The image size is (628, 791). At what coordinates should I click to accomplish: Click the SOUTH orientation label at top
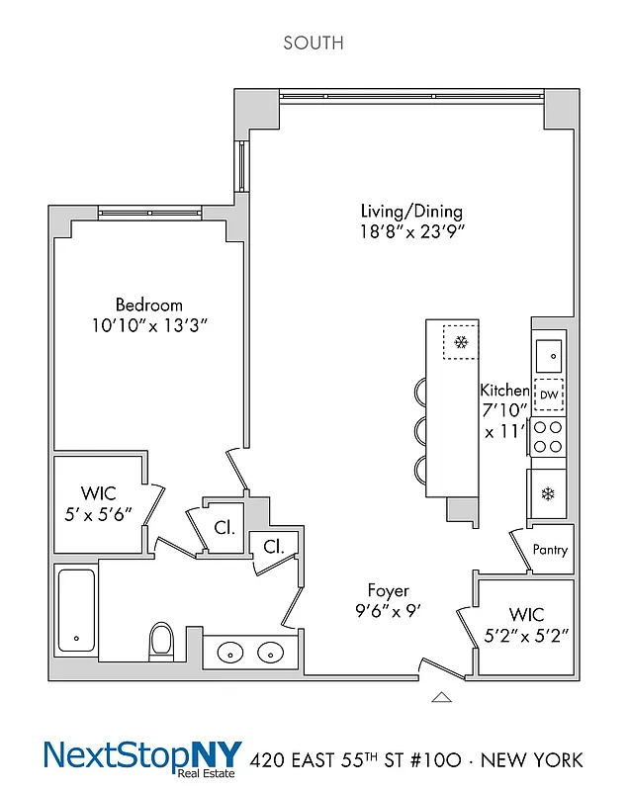(x=314, y=43)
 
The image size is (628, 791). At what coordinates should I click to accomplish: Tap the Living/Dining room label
(x=410, y=212)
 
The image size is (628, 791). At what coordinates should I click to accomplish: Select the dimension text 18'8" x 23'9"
(x=410, y=232)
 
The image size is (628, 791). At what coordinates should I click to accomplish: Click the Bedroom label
(x=148, y=305)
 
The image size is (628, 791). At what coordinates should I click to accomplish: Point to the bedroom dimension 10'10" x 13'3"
(x=148, y=324)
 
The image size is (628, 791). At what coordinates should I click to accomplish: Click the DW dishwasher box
(x=549, y=395)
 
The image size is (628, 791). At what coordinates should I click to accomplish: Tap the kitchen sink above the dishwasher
(x=549, y=352)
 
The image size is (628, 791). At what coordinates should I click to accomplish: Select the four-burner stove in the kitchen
(x=549, y=437)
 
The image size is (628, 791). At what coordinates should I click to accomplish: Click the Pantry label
(x=550, y=550)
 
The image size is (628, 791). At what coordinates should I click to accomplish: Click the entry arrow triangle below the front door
(x=441, y=697)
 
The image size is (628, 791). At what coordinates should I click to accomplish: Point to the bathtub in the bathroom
(x=75, y=610)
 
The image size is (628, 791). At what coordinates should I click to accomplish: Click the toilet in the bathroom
(x=161, y=640)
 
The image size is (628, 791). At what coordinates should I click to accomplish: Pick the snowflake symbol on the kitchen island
(x=460, y=343)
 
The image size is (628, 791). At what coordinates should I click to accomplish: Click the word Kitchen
(x=504, y=391)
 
